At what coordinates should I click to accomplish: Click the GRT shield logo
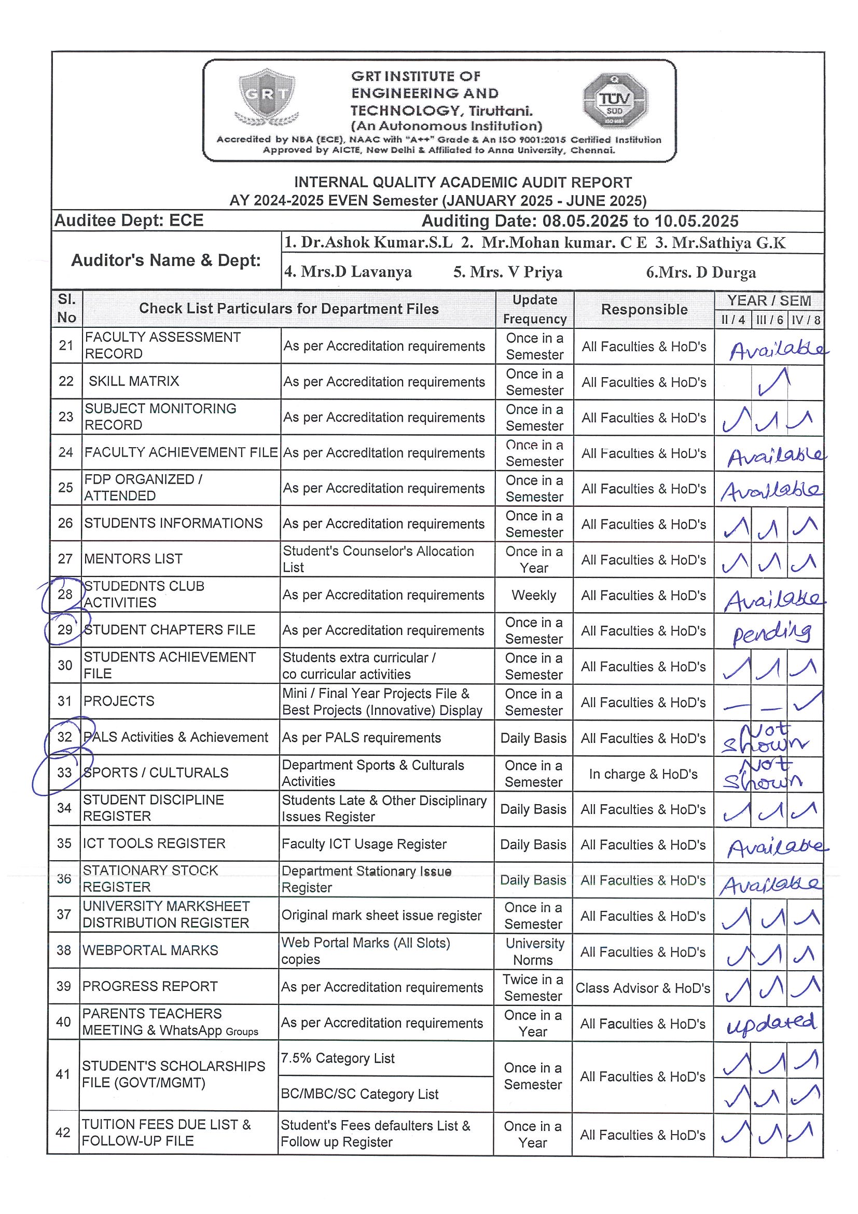coord(267,98)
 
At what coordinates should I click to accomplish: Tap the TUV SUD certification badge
coord(615,102)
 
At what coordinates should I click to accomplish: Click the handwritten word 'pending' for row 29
coord(772,632)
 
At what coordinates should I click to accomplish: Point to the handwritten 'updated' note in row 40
coord(772,1024)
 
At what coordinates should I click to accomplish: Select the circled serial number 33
coord(64,772)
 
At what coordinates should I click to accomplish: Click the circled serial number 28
coord(65,594)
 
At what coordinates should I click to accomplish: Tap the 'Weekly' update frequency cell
coord(534,596)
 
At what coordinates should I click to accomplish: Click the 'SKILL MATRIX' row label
coord(134,381)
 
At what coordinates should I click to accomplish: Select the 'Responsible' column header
coord(644,309)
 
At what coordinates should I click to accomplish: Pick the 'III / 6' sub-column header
coord(769,320)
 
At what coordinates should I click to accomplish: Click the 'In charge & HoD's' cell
coord(643,774)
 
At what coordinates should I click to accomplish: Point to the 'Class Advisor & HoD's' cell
coord(643,988)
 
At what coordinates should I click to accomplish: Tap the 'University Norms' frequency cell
coord(534,951)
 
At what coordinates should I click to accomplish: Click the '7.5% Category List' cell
coord(338,1058)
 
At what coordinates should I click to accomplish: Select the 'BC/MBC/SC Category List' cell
coord(359,1094)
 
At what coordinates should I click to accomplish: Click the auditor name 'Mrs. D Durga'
coord(701,272)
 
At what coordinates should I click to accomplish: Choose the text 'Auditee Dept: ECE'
coord(129,220)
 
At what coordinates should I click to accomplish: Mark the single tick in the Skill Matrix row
coord(773,382)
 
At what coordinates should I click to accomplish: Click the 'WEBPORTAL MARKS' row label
coord(150,950)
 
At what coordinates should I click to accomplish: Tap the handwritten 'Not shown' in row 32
coord(766,738)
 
